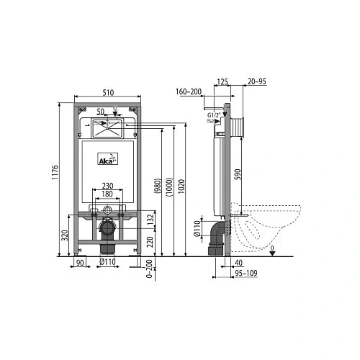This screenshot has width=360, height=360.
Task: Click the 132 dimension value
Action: pyautogui.click(x=150, y=218)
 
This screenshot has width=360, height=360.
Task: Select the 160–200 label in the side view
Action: pyautogui.click(x=189, y=92)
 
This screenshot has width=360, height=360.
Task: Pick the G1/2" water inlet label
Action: pyautogui.click(x=213, y=115)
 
